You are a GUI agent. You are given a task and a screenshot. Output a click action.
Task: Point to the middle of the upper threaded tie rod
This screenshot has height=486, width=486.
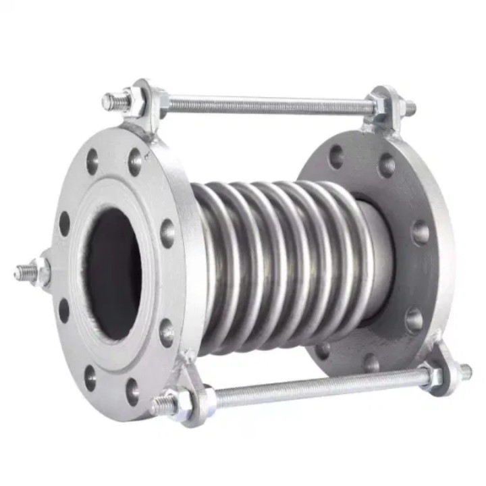(x=270, y=105)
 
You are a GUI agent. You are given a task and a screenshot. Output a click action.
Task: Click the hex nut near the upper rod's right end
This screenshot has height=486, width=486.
(x=379, y=105)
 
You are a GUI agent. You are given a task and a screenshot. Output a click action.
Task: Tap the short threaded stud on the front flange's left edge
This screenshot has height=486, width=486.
(x=23, y=272)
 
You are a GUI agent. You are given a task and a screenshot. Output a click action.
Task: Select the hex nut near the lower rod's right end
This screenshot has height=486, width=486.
(x=433, y=377)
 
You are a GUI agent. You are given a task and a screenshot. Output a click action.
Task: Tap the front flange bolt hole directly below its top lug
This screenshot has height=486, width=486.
(x=135, y=162)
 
